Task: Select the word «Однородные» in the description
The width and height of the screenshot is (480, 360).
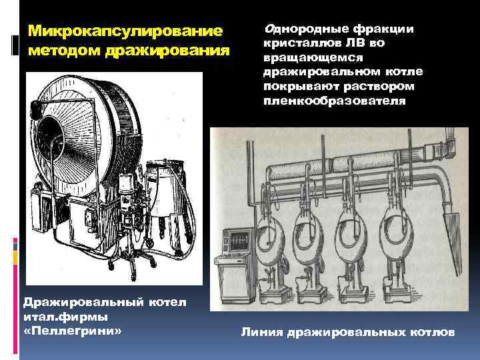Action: [300, 29]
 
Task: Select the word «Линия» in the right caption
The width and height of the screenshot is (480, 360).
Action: [261, 331]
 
